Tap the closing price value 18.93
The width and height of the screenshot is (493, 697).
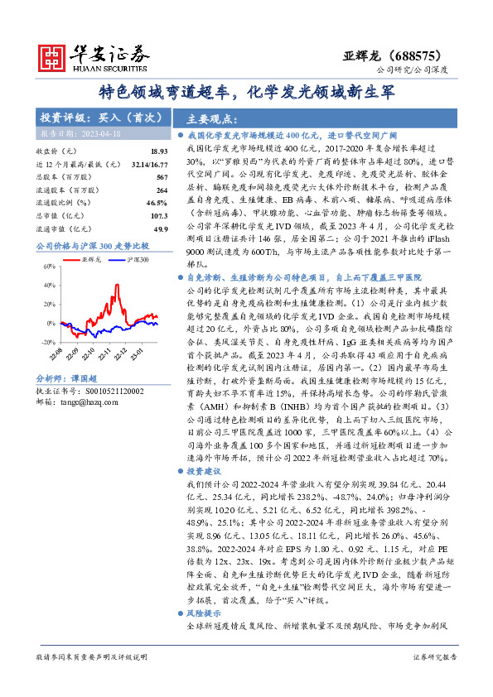pyautogui.click(x=159, y=151)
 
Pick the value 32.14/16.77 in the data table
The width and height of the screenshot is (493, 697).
pyautogui.click(x=150, y=165)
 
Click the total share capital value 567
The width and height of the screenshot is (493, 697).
pyautogui.click(x=162, y=177)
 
